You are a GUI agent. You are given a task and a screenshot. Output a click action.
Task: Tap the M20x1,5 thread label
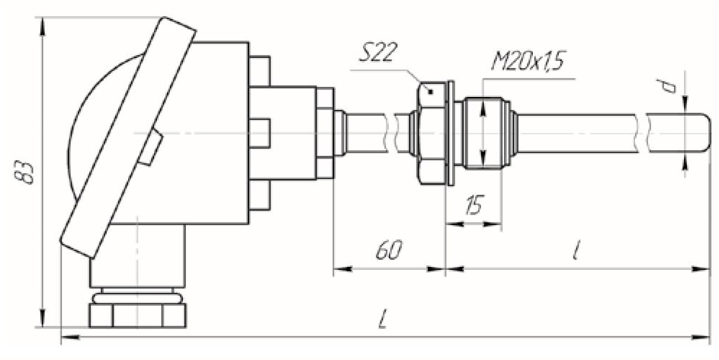[527, 62]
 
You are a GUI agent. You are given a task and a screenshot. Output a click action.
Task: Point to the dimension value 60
[388, 250]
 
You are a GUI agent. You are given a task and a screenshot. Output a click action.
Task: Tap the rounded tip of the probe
[705, 133]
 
